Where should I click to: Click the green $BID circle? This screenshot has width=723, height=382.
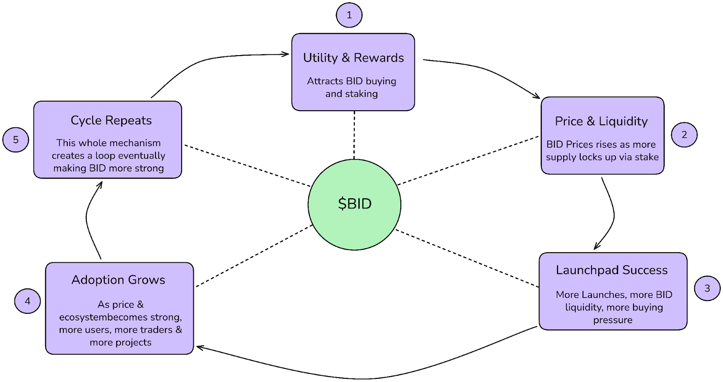tap(354, 204)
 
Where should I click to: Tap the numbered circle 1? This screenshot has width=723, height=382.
tap(349, 15)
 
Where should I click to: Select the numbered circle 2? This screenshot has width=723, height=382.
tap(684, 135)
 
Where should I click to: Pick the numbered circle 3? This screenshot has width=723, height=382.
tap(707, 288)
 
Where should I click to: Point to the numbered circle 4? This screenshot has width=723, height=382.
tap(28, 301)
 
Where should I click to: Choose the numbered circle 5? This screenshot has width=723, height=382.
tap(16, 140)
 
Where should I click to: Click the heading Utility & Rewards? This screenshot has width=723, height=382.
tap(353, 58)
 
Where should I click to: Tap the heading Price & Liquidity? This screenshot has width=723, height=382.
tap(601, 121)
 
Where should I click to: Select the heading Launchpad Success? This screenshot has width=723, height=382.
tap(611, 270)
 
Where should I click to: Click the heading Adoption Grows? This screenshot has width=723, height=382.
tap(118, 280)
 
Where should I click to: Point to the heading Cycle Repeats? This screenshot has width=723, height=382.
tap(111, 120)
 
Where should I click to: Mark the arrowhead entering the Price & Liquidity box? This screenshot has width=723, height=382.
tap(537, 96)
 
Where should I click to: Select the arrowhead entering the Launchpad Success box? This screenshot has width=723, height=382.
tap(596, 247)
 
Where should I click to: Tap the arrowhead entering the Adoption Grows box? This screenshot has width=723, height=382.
tap(199, 347)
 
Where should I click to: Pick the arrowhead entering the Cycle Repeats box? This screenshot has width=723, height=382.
tap(101, 184)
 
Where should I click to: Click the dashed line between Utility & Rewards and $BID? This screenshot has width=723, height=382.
tap(354, 135)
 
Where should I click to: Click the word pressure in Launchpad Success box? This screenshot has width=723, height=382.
tap(613, 320)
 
